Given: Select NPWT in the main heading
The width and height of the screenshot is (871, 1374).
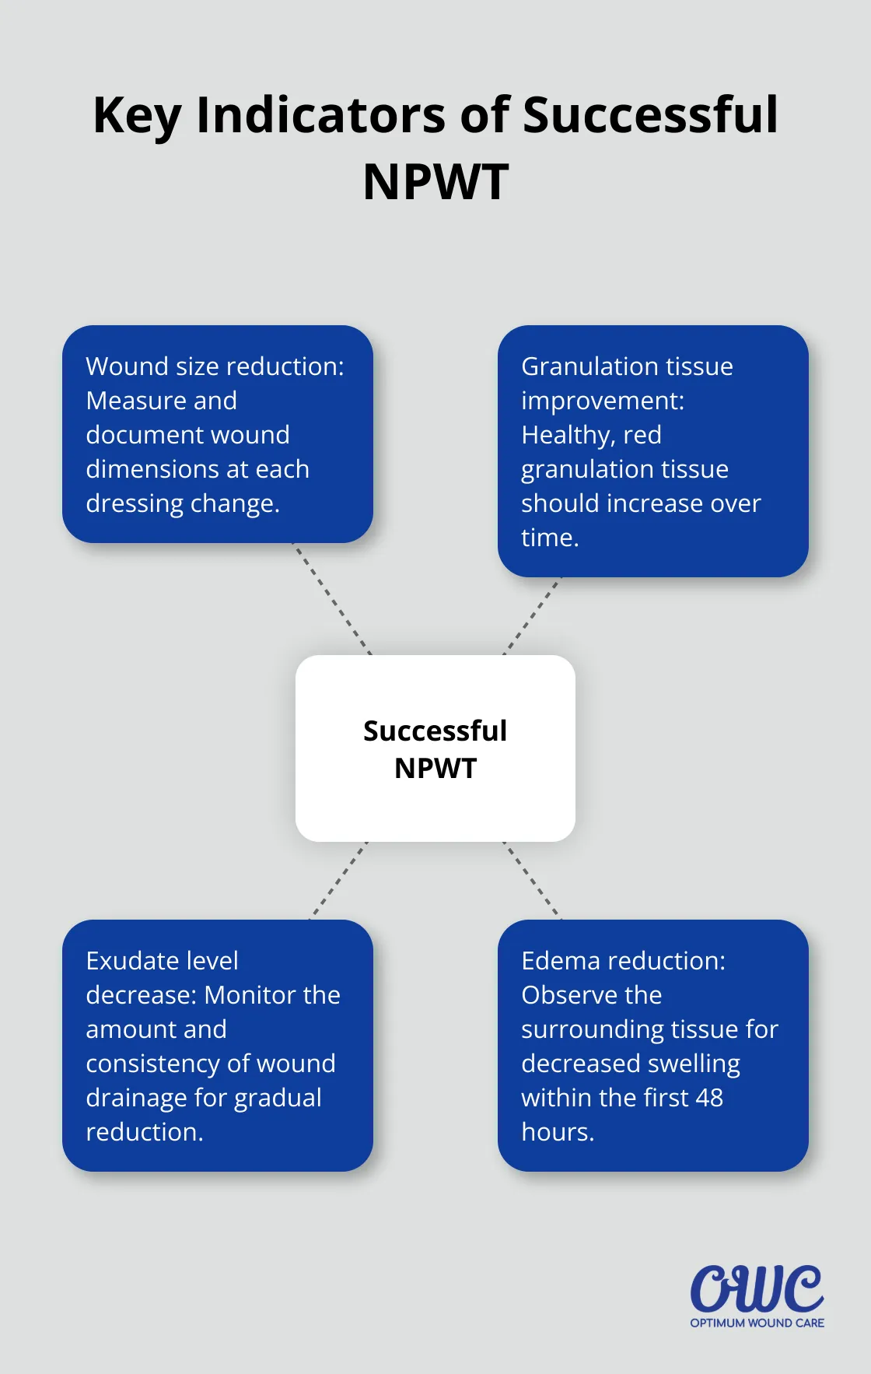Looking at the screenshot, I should (435, 182).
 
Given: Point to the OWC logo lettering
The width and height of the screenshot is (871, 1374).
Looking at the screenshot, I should (757, 1288).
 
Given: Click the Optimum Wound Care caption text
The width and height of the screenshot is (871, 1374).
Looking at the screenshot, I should (757, 1323).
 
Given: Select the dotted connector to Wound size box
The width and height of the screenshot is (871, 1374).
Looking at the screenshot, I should (332, 599).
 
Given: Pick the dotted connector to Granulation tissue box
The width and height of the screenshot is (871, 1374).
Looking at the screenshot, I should (532, 616).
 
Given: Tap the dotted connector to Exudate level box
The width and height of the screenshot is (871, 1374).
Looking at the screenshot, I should (338, 881).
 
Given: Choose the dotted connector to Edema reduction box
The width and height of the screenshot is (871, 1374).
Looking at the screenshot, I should (532, 881).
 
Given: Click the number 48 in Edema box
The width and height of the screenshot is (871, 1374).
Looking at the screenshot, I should (708, 1097).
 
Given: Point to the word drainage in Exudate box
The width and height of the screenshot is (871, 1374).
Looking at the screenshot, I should (137, 1098).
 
